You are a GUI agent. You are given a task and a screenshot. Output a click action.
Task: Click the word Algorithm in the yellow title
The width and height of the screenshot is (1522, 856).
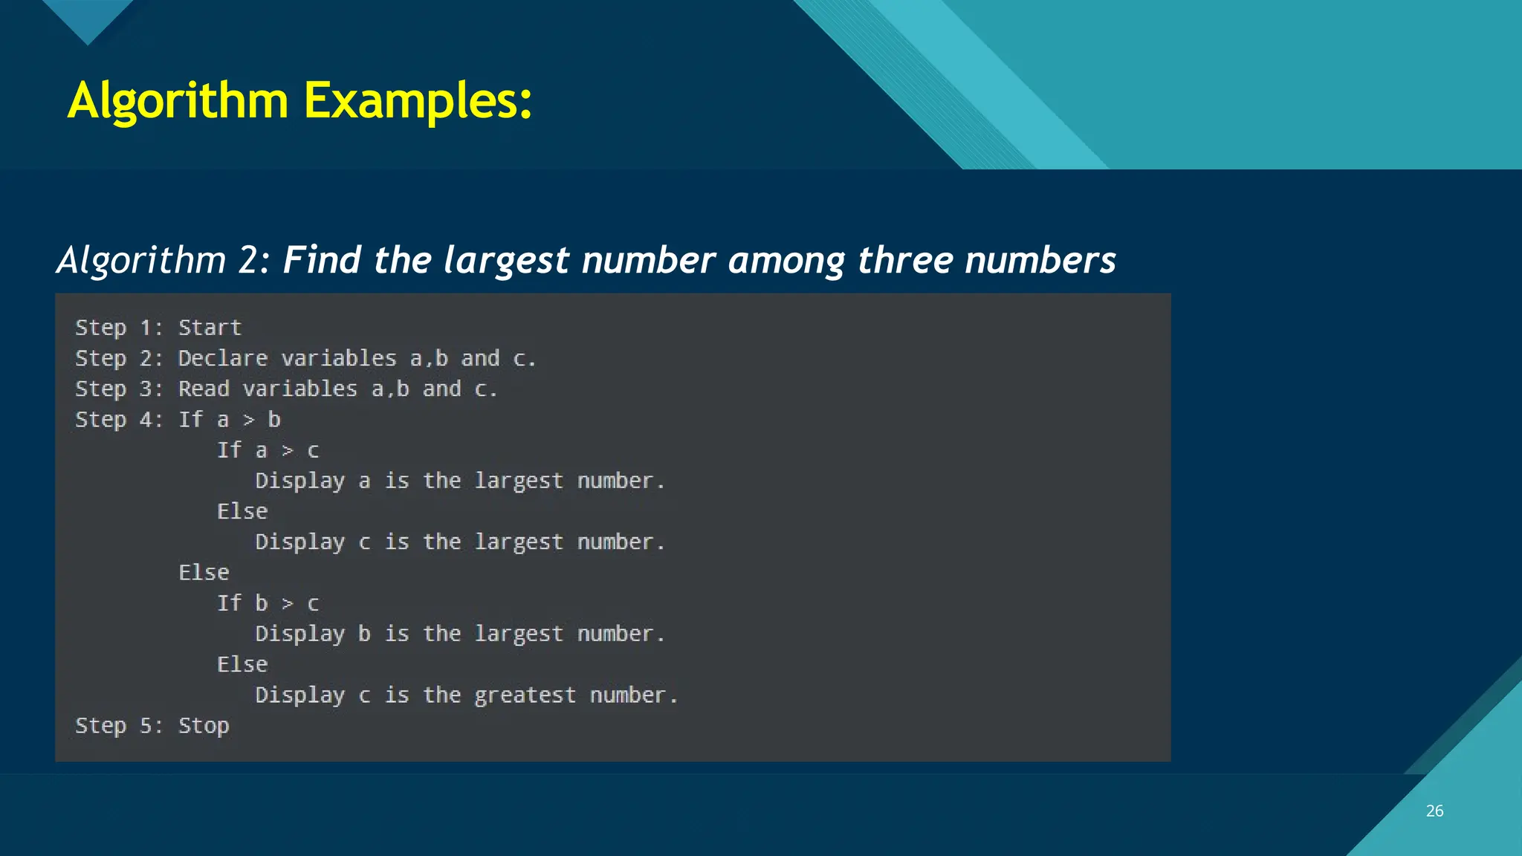[x=178, y=100]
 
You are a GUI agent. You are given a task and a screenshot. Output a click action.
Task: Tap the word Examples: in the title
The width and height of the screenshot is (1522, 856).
[x=418, y=100]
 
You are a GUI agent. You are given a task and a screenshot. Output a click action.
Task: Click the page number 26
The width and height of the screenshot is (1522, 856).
[x=1434, y=811]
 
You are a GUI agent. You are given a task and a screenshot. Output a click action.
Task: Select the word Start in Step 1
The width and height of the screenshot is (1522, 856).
[x=210, y=328]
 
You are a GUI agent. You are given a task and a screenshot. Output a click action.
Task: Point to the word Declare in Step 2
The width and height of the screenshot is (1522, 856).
[x=223, y=358]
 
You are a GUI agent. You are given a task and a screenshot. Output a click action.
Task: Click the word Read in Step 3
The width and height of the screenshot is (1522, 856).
[x=204, y=389]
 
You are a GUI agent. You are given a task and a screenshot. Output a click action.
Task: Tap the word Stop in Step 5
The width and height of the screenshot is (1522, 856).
[x=204, y=725]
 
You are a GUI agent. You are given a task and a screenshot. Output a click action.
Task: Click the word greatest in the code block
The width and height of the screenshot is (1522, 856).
[x=525, y=695]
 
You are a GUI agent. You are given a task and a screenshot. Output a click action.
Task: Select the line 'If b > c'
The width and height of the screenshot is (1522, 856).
[x=268, y=603]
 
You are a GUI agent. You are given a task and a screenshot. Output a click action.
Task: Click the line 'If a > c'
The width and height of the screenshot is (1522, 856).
[x=268, y=450]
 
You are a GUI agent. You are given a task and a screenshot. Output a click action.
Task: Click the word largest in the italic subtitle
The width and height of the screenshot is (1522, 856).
[x=506, y=260]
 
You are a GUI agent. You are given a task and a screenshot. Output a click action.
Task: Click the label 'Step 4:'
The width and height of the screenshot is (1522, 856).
[x=119, y=420]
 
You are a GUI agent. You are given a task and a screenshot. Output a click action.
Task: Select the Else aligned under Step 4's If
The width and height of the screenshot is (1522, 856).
[x=204, y=572]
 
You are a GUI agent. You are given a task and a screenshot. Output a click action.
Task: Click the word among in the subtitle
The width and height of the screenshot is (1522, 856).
[x=786, y=260]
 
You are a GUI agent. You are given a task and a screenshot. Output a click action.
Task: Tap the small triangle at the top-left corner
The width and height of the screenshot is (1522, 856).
[x=88, y=19]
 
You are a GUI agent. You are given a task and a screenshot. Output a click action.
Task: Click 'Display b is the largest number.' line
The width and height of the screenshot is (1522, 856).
[x=459, y=634]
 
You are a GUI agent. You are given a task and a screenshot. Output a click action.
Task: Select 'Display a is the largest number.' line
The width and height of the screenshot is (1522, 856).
[x=459, y=481]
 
